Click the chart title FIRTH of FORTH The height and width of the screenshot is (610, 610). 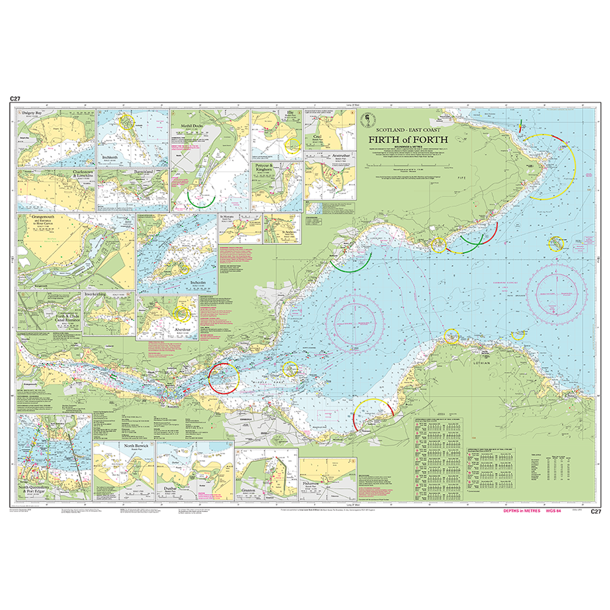tap(408, 139)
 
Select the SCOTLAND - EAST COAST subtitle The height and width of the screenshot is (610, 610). tap(408, 129)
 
